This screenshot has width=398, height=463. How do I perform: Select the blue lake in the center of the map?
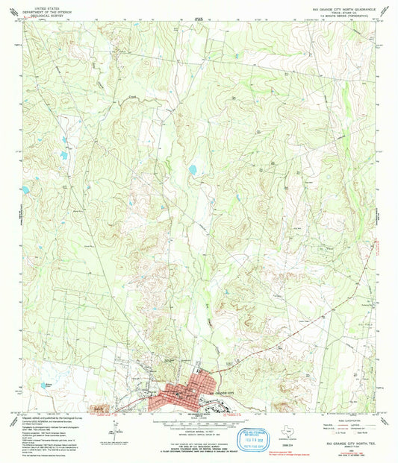[x=193, y=170]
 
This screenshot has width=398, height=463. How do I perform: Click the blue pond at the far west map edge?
[x=25, y=190]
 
